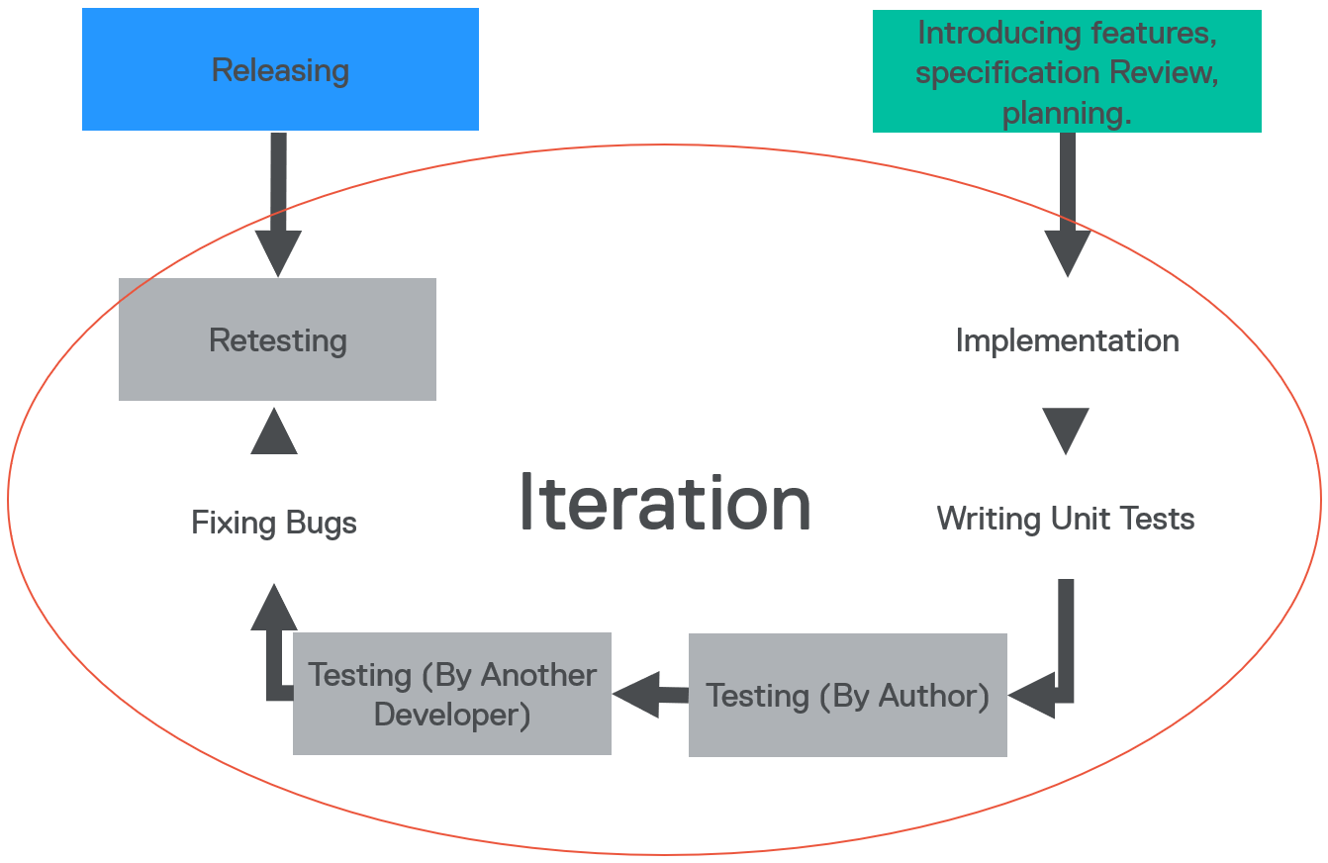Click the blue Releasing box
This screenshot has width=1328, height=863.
(280, 69)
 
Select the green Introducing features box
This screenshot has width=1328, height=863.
(1067, 71)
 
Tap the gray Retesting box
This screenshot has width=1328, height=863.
(277, 339)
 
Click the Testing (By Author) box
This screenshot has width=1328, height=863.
(848, 695)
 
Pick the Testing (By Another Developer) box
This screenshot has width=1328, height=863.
(452, 694)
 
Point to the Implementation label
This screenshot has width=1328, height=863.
(1067, 341)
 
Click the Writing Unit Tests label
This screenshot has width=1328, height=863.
(1066, 519)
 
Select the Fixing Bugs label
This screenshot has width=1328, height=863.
(274, 524)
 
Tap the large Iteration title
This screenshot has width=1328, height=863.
(665, 503)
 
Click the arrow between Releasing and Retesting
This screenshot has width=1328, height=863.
(278, 205)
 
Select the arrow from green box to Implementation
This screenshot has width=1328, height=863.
(1067, 205)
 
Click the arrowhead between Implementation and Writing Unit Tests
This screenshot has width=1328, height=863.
(1066, 431)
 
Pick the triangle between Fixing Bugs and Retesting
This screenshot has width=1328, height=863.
(274, 431)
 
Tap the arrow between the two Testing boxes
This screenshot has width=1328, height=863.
(650, 695)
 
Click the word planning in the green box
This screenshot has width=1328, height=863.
(1067, 113)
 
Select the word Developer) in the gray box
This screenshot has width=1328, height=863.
(452, 715)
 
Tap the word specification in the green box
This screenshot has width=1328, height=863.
(1007, 73)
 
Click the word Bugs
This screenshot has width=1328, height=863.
(322, 524)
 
